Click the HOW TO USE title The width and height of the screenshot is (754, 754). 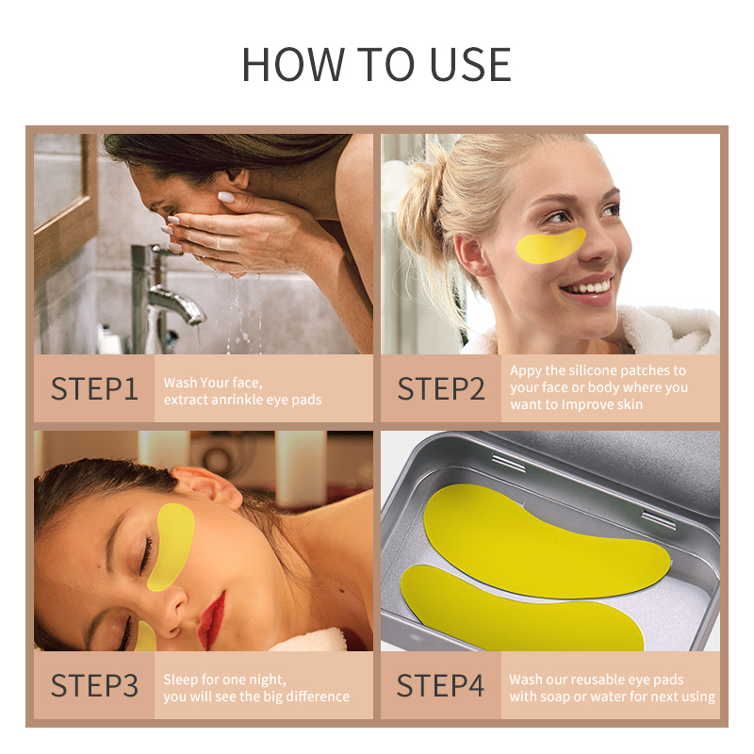376,63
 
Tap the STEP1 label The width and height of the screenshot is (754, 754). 94,388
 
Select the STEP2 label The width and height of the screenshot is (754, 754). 441,388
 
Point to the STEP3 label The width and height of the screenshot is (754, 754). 94,685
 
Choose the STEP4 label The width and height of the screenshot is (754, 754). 441,685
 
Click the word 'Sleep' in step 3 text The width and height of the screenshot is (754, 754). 182,679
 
